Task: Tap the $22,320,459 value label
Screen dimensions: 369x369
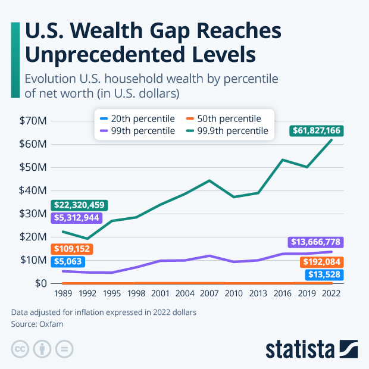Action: coord(79,205)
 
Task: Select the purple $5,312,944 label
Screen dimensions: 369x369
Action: coord(77,218)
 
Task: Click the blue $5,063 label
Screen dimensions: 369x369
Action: coord(68,261)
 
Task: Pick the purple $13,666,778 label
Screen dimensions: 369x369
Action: coord(317,242)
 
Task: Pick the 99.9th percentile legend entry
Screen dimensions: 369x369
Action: coord(229,130)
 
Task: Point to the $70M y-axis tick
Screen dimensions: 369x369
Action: coord(33,121)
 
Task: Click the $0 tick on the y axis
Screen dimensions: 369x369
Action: coord(40,283)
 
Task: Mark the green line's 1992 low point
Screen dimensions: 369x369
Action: coord(87,239)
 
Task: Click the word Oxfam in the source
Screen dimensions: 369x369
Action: coord(54,324)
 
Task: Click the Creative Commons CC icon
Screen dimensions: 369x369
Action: coord(20,349)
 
